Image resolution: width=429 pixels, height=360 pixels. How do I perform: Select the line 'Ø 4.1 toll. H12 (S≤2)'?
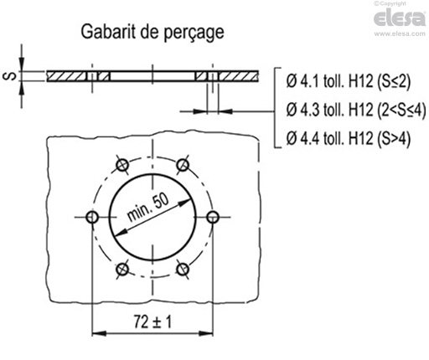pos(347,82)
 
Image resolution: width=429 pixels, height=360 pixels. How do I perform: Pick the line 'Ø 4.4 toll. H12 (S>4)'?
pos(347,138)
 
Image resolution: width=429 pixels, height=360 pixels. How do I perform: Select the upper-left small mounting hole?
pos(121,163)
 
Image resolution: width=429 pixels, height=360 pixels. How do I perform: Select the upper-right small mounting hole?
pos(183,163)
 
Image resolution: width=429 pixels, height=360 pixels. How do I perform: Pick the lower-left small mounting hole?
pos(121,269)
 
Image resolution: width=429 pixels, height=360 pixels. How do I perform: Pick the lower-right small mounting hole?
pos(183,269)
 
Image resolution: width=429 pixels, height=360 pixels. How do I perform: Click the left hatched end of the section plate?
pos(67,76)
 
